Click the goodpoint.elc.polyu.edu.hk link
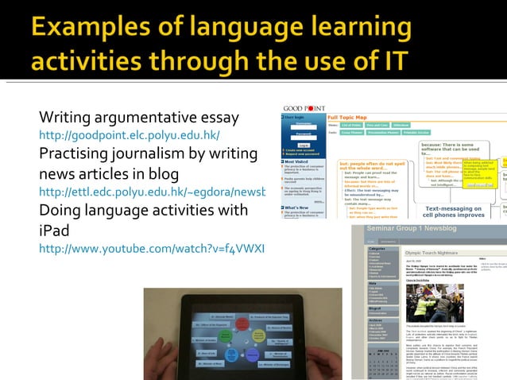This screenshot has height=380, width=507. click(x=129, y=135)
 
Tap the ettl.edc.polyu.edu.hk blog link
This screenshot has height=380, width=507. click(x=152, y=192)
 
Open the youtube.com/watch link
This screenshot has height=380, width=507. click(x=152, y=249)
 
